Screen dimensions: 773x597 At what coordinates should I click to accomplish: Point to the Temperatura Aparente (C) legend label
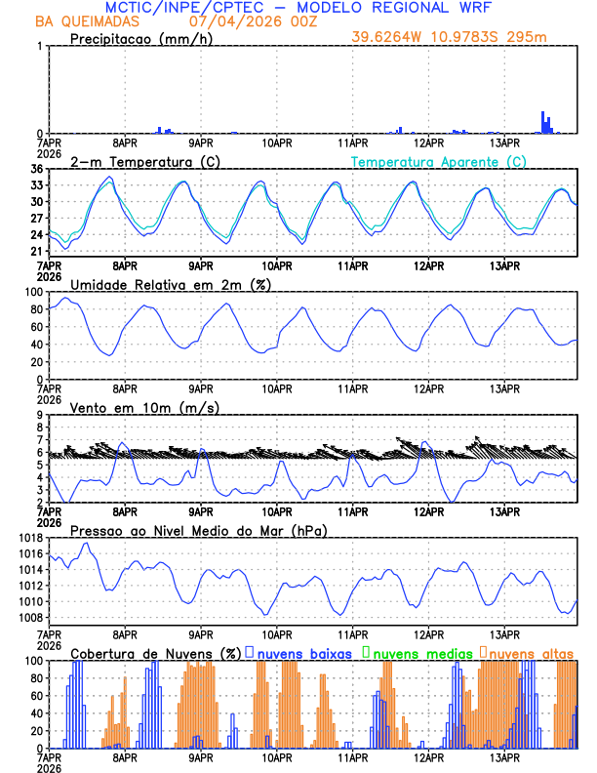439,161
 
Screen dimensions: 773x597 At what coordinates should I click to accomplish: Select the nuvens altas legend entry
532,652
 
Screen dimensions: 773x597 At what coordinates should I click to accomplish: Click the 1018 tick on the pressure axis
30,538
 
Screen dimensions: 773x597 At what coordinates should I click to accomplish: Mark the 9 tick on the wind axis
40,415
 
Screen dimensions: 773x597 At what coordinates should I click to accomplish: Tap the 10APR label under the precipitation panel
277,142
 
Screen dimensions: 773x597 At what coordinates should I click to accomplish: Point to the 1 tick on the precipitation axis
40,46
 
